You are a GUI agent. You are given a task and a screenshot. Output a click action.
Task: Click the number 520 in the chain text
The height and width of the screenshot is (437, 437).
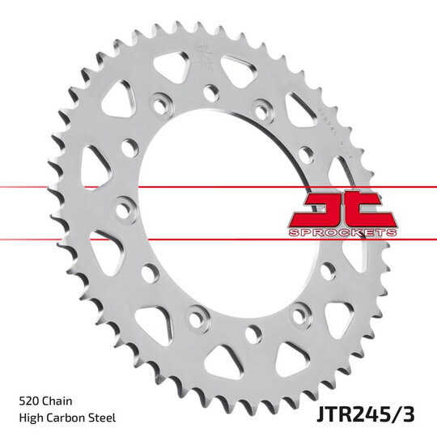point(28,400)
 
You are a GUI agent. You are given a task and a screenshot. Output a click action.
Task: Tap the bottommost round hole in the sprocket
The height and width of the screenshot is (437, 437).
point(253,332)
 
